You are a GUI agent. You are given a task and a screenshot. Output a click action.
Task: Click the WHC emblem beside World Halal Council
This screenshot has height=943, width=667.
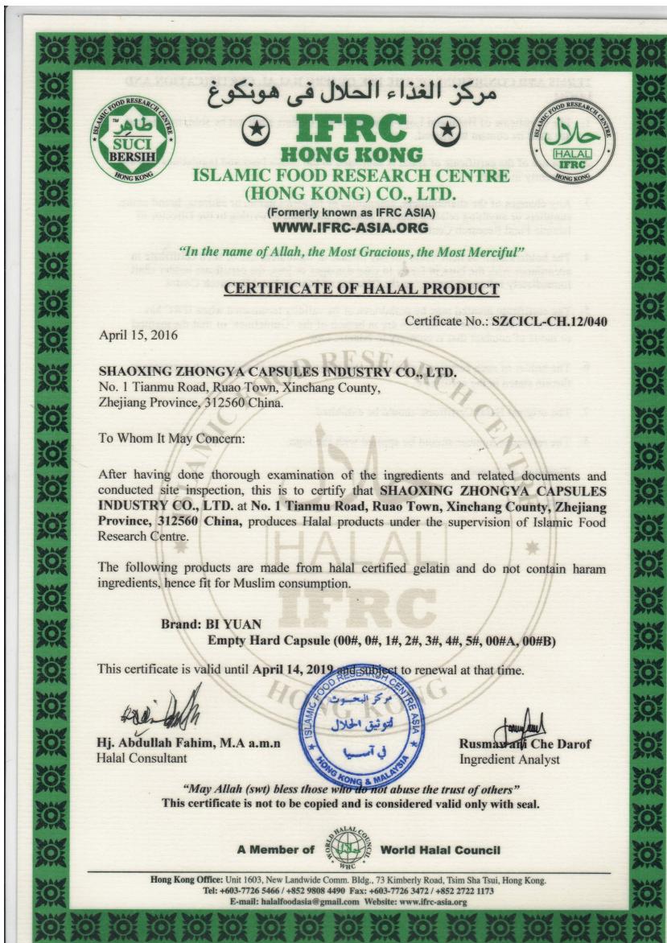coord(348,850)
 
